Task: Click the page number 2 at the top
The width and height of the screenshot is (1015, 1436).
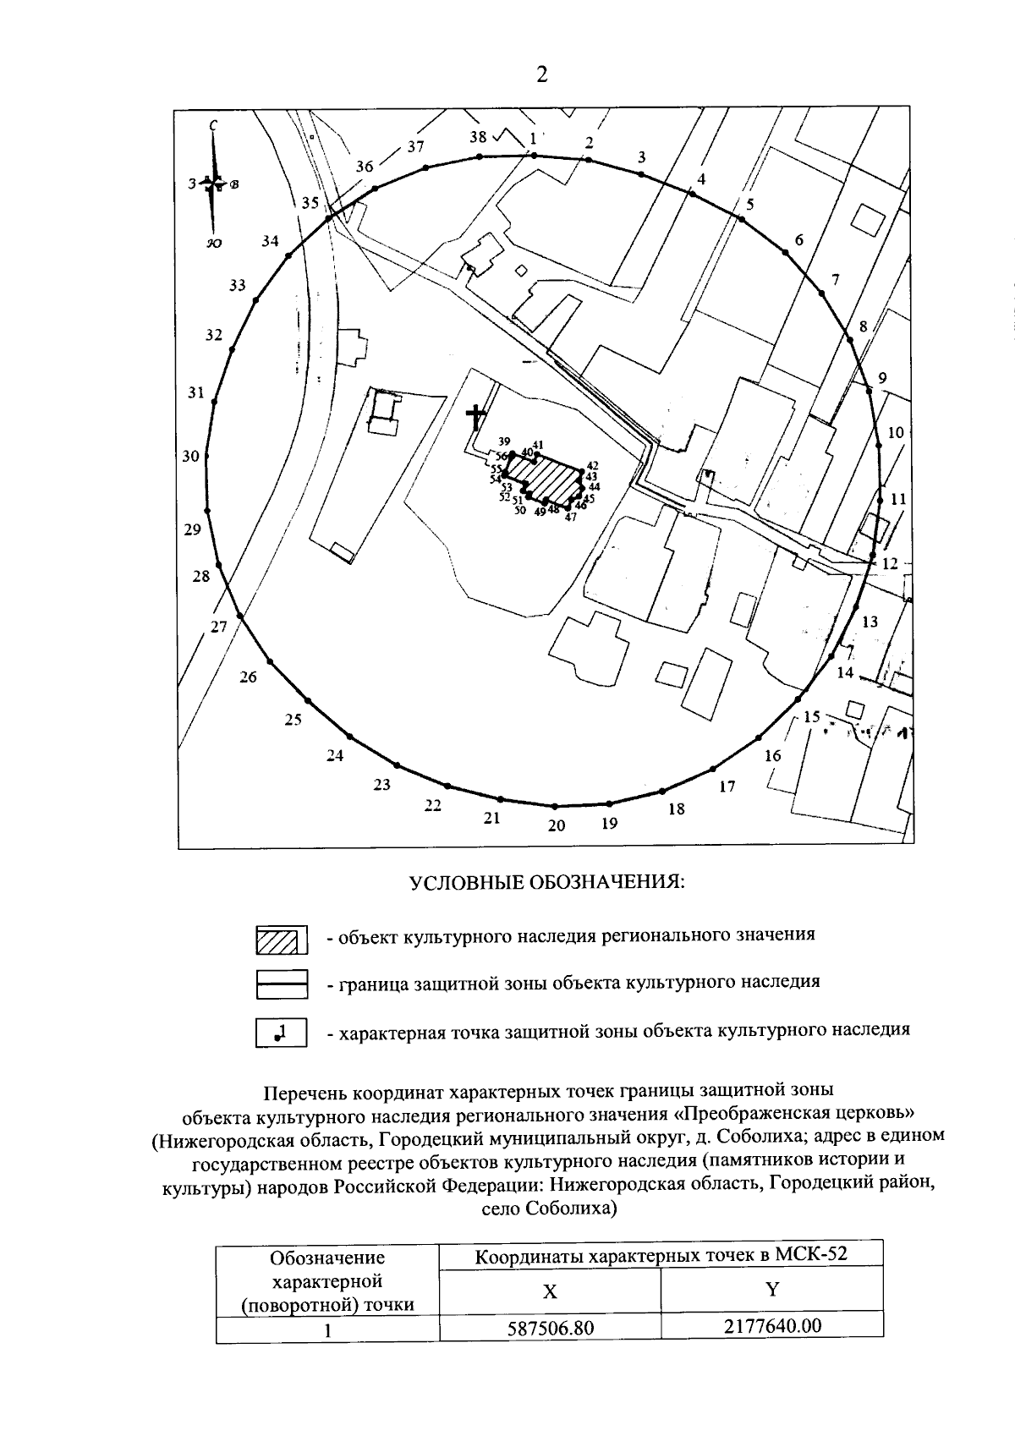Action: tap(541, 75)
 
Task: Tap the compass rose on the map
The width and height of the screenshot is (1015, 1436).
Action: tap(214, 183)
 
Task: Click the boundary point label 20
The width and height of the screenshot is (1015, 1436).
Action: tap(556, 826)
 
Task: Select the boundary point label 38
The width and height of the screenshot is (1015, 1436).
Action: tap(478, 137)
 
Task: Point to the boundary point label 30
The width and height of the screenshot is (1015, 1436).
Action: tap(190, 457)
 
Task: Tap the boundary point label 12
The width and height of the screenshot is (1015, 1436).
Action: tap(889, 563)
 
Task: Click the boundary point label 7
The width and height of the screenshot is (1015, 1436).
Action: tap(835, 280)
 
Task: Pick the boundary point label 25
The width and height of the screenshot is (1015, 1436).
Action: tap(293, 721)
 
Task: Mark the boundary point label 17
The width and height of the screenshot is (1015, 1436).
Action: tap(727, 787)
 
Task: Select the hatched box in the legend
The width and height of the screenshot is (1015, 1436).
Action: tap(281, 939)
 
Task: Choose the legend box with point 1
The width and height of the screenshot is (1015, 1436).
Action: tap(281, 1033)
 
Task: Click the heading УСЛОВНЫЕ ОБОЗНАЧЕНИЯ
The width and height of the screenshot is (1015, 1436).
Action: tap(546, 882)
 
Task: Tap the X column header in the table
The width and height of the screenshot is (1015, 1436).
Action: tap(550, 1291)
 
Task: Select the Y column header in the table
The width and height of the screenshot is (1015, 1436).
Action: tap(771, 1289)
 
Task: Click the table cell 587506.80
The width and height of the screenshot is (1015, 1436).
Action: tap(551, 1329)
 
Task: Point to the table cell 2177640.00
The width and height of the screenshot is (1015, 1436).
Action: tap(772, 1325)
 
